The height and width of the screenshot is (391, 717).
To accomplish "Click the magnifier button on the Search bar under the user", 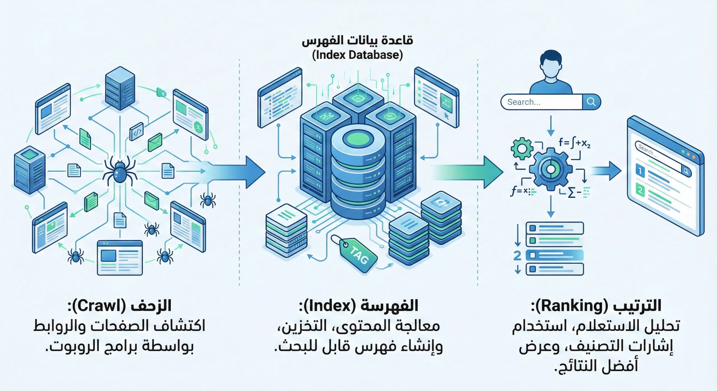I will [591, 102].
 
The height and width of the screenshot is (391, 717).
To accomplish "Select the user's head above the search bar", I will [551, 66].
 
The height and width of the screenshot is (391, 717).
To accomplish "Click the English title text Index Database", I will [357, 55].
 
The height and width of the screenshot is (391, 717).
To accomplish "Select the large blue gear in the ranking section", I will [551, 169].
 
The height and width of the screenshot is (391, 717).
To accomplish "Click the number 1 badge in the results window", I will [640, 171].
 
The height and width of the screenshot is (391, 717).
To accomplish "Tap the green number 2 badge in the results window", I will [640, 190].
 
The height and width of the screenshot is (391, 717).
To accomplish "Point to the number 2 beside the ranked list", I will [517, 255].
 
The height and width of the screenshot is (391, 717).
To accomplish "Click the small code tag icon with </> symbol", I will [137, 131].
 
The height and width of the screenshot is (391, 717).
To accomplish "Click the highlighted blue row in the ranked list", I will [555, 255].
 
